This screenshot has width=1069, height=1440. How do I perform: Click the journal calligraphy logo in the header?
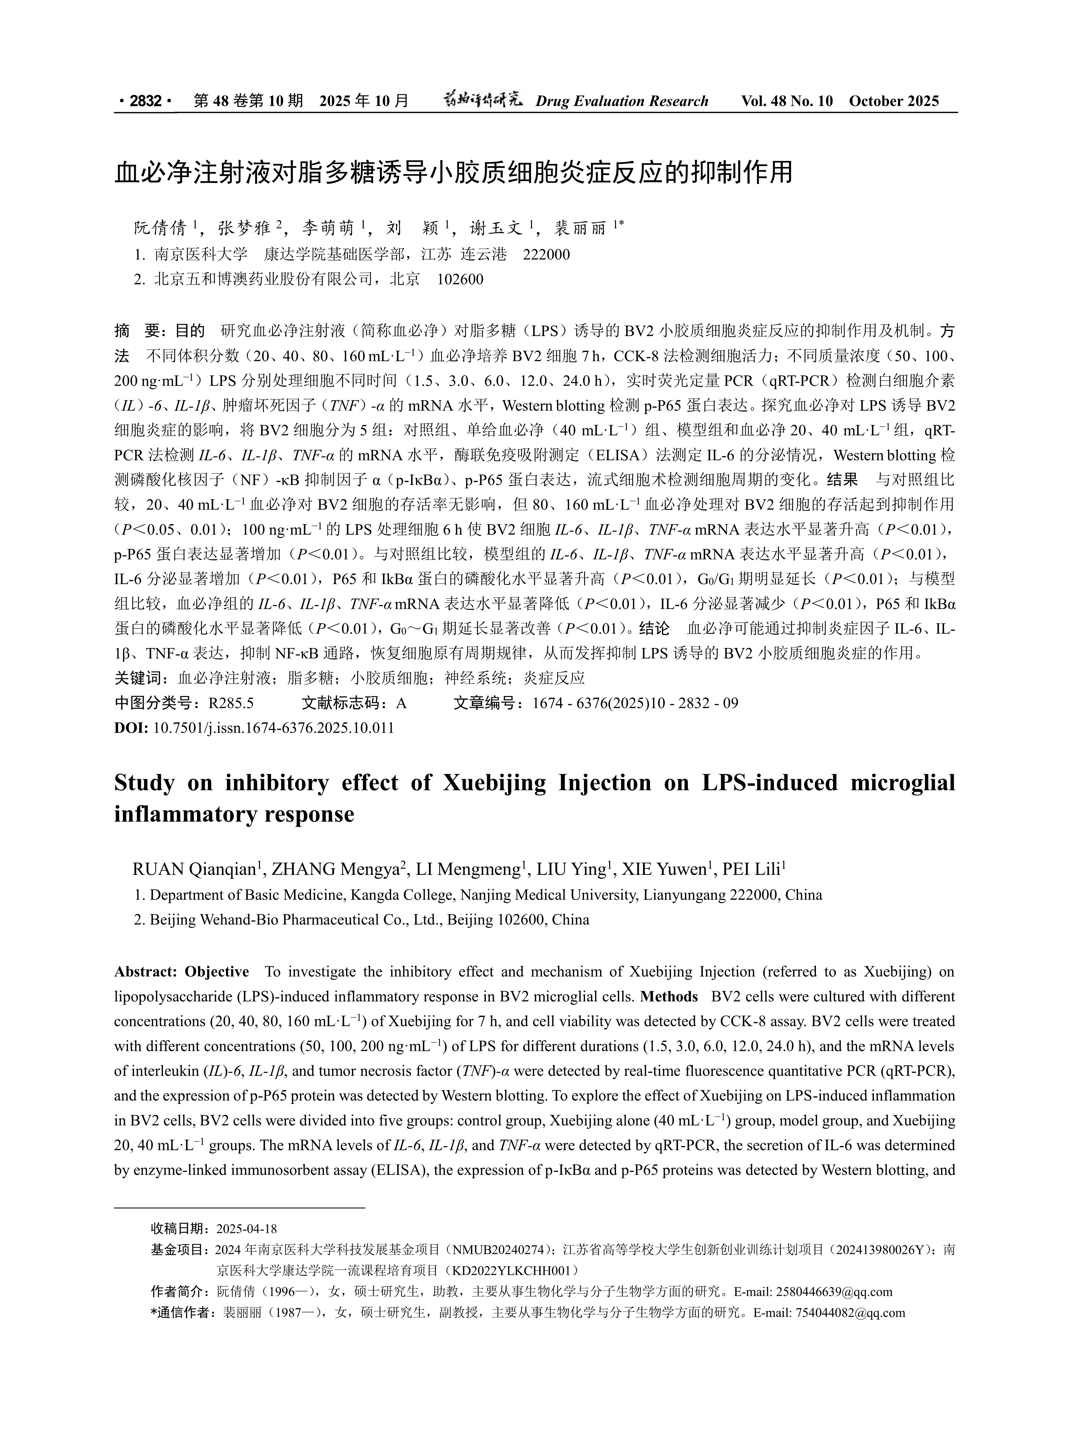point(482,100)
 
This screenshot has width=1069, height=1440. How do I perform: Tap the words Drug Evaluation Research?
point(622,101)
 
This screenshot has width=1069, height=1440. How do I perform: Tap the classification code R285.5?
point(231,703)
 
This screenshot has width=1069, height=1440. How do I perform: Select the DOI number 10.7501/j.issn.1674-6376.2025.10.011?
point(273,728)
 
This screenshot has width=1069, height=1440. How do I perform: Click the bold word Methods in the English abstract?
point(669,997)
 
